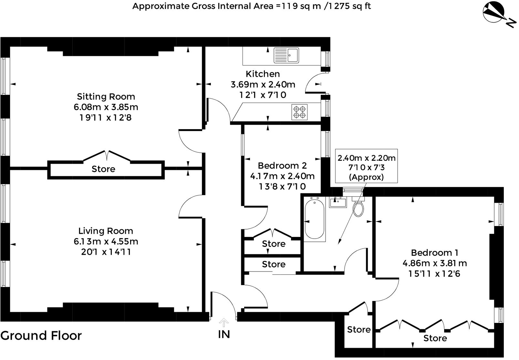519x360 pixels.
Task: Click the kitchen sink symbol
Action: pos(286,55)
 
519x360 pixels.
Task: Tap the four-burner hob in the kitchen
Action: pos(299,112)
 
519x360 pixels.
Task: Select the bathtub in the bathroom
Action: pos(314,219)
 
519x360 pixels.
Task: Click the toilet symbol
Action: pos(358,207)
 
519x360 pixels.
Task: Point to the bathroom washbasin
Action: pos(337,202)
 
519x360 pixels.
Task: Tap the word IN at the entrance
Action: pos(224,334)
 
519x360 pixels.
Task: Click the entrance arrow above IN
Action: pos(224,322)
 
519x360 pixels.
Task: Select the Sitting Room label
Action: pos(106,97)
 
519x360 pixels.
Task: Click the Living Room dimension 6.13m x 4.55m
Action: pos(106,242)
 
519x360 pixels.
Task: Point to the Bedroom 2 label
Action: pos(282,166)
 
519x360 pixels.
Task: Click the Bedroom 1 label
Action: pos(434,253)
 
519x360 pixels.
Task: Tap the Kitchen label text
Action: pos(263,74)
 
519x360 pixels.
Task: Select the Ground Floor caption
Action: pos(41,336)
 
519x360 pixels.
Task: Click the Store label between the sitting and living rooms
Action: pos(103,169)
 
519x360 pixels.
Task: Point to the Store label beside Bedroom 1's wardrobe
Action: pos(358,330)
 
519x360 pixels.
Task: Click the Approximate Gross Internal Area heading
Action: pos(252,6)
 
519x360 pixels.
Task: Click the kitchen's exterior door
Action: pos(313,83)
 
